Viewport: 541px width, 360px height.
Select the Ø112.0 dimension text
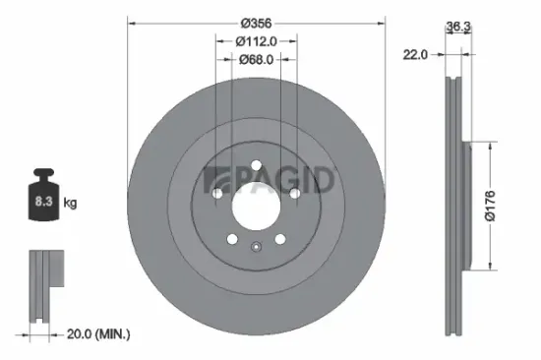tap(257, 40)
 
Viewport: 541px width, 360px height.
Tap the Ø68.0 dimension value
tap(257, 60)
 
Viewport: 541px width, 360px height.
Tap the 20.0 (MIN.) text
tap(98, 335)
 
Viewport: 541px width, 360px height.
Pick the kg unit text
tap(69, 203)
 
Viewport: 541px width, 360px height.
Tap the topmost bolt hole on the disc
tap(256, 166)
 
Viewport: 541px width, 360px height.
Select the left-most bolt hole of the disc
tap(217, 194)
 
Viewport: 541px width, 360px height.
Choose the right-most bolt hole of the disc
tap(294, 194)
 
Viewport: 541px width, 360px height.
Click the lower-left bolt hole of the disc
tap(232, 239)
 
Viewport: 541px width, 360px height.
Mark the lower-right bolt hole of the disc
tap(279, 239)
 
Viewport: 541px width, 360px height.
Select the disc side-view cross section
tap(456, 207)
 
